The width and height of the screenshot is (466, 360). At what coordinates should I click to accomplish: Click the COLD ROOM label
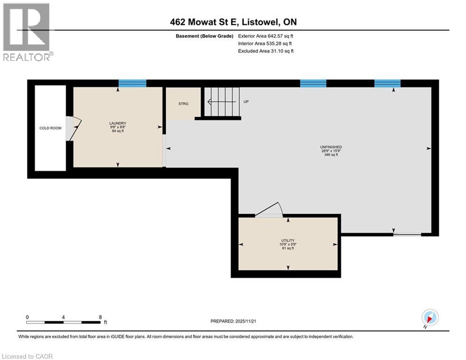click(50, 128)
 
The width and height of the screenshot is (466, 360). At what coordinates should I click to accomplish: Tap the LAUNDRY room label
click(118, 124)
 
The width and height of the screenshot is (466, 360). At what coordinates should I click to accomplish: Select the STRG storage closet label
click(183, 104)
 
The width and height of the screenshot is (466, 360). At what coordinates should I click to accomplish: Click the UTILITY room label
click(288, 240)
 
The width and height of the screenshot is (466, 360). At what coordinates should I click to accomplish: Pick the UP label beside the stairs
click(246, 101)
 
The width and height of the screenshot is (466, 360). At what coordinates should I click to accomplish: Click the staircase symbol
click(222, 101)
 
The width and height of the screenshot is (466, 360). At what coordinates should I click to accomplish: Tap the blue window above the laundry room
click(132, 83)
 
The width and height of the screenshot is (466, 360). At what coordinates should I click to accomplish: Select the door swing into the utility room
click(269, 210)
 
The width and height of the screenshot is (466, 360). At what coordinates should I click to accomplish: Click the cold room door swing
click(74, 128)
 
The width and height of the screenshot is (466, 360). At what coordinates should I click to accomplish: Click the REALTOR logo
click(28, 32)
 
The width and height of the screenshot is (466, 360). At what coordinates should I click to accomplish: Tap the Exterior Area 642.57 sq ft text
click(266, 36)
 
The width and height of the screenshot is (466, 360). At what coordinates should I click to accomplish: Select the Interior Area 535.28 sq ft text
click(266, 43)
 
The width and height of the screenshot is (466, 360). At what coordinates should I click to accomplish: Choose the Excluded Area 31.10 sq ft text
click(266, 51)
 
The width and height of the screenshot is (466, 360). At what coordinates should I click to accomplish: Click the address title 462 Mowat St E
click(233, 22)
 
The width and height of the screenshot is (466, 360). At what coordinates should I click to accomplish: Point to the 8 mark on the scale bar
click(100, 317)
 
